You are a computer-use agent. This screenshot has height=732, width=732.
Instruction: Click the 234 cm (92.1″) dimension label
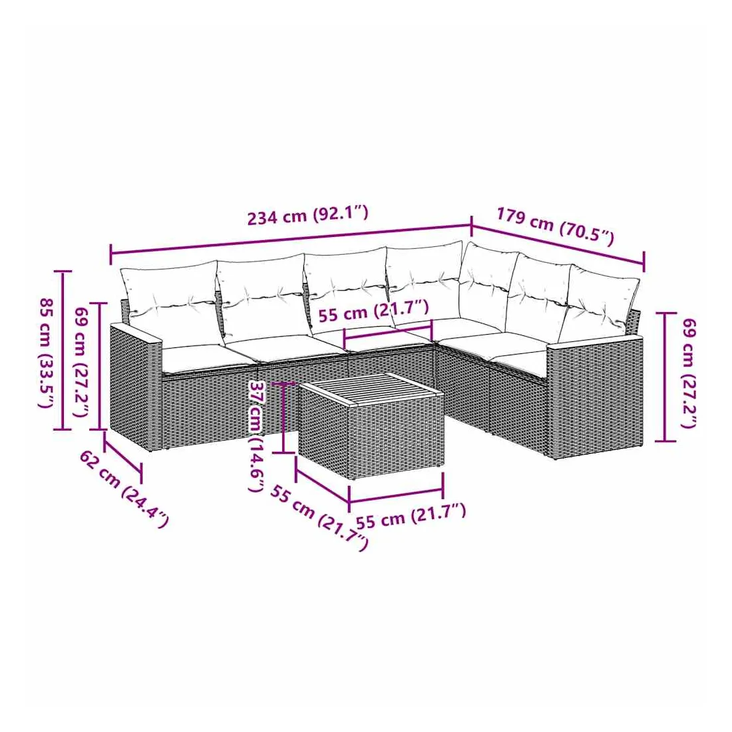click(307, 215)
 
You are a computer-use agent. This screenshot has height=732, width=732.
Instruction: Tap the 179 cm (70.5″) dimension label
click(555, 226)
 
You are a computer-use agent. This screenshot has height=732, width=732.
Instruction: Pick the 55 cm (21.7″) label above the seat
click(373, 311)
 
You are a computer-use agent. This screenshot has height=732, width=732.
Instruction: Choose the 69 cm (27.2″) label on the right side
click(689, 373)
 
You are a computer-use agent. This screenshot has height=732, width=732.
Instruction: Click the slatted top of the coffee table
click(371, 388)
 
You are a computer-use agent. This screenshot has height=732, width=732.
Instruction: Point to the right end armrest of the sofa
click(594, 396)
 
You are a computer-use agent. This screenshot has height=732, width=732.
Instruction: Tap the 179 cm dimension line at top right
click(558, 245)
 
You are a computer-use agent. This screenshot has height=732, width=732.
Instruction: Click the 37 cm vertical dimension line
click(283, 418)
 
